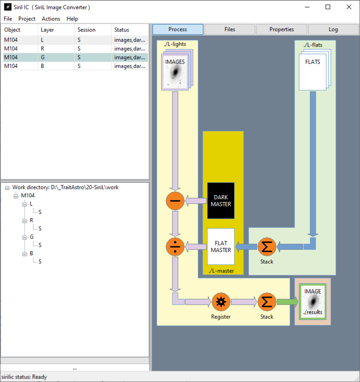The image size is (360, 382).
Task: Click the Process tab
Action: click(178, 30)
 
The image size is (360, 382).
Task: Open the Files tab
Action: click(229, 30)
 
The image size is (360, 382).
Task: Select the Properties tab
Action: click(281, 30)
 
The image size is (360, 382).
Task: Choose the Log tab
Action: click(333, 30)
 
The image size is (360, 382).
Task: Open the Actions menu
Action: click(51, 19)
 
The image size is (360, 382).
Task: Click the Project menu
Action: click(27, 19)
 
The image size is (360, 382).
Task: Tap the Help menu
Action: click(72, 19)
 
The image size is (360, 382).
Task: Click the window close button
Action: click(348, 7)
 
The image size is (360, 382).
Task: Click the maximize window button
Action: click(328, 7)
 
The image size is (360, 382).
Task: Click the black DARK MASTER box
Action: click(221, 201)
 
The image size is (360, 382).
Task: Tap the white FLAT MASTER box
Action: click(221, 247)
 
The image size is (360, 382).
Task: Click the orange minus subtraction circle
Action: click(175, 201)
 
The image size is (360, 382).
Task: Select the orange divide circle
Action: click(175, 247)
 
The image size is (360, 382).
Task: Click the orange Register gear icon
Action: click(221, 302)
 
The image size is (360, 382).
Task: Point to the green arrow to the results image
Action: click(287, 302)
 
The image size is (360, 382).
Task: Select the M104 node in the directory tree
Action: click(28, 196)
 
